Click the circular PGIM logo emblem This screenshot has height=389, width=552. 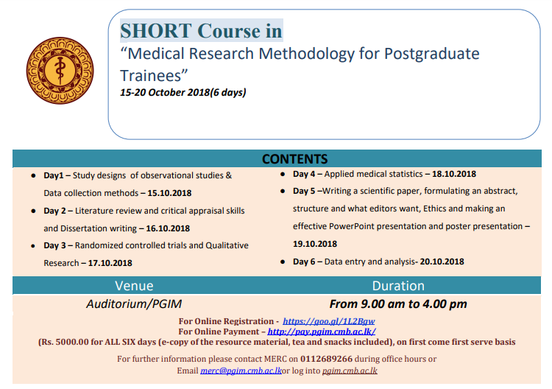tap(60, 71)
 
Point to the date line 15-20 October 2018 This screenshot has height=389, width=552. tap(183, 92)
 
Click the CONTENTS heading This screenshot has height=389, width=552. tap(294, 159)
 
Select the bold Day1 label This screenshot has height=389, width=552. tap(54, 175)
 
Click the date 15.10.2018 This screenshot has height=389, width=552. tap(169, 193)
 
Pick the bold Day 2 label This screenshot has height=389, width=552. tap(54, 211)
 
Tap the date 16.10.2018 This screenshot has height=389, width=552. tap(168, 228)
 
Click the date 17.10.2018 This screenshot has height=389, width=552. tap(110, 263)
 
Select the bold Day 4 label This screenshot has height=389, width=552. tap(304, 174)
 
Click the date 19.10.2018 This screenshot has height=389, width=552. tap(315, 244)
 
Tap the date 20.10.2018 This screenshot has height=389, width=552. tap(442, 262)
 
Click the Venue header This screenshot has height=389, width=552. tap(134, 286)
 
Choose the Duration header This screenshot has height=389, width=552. tap(398, 286)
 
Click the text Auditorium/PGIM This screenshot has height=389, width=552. tap(134, 304)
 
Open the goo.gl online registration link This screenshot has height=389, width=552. tap(328, 321)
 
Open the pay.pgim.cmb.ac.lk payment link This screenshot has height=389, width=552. tap(322, 332)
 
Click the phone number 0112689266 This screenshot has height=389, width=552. tap(326, 359)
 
